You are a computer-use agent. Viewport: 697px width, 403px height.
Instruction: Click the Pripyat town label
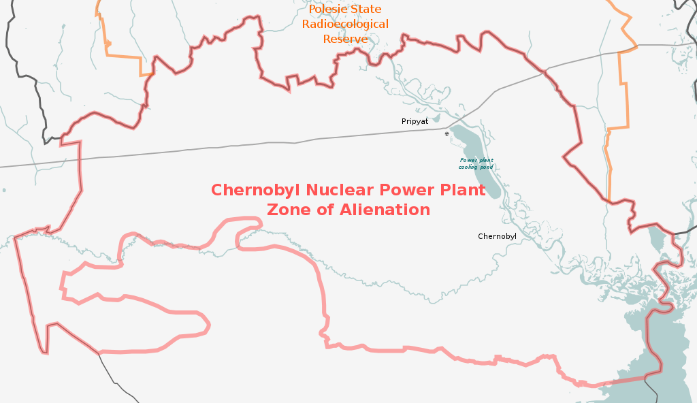[415, 121]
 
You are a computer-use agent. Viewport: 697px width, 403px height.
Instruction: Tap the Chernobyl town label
[497, 237]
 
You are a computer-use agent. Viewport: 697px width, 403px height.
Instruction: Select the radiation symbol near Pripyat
[447, 133]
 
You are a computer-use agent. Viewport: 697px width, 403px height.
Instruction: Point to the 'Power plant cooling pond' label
[476, 163]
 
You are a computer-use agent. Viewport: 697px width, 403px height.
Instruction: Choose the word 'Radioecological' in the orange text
[345, 25]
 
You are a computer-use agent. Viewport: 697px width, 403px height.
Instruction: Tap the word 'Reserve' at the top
[345, 39]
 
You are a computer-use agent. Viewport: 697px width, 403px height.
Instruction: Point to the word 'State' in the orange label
[366, 10]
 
